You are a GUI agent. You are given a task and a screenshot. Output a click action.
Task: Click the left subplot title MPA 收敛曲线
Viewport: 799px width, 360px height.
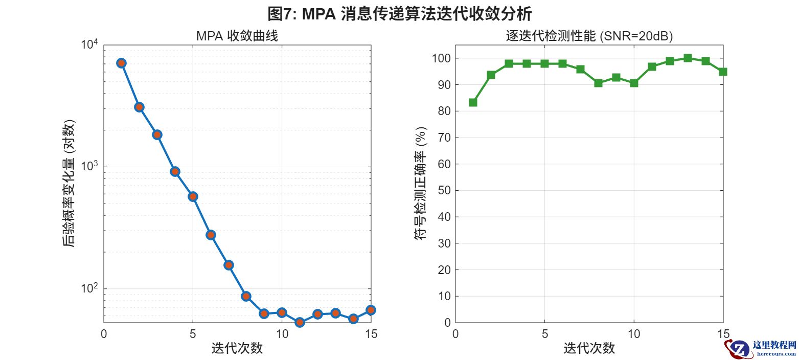[237, 36]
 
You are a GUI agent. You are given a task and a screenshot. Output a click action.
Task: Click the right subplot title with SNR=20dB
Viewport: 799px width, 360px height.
[589, 36]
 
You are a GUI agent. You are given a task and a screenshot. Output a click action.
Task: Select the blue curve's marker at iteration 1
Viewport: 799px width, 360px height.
[121, 63]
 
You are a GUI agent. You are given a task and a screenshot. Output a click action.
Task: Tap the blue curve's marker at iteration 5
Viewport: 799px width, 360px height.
[193, 196]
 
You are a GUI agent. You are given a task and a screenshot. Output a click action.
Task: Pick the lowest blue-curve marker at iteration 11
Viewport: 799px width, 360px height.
[300, 322]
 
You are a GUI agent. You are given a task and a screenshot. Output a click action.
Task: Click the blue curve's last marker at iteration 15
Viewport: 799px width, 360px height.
[371, 310]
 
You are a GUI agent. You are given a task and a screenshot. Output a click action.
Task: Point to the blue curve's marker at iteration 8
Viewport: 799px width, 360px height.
[246, 296]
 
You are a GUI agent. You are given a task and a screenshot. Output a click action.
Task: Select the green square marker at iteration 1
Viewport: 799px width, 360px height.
[473, 102]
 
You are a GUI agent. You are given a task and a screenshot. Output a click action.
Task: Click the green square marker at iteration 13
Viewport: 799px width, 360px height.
[688, 58]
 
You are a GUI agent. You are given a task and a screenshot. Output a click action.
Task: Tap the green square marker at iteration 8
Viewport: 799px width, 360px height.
[598, 83]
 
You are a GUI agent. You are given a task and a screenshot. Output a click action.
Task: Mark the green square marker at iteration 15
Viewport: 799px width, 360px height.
[723, 72]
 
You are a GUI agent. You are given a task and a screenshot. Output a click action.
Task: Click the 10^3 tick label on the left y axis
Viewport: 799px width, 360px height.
[89, 166]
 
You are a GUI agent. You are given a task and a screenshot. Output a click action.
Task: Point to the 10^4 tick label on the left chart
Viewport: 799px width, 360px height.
[89, 44]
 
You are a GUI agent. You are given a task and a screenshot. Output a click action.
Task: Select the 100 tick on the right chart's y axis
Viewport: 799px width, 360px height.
[442, 58]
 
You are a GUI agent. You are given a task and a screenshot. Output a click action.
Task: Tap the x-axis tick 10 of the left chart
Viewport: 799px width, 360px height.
[282, 334]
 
